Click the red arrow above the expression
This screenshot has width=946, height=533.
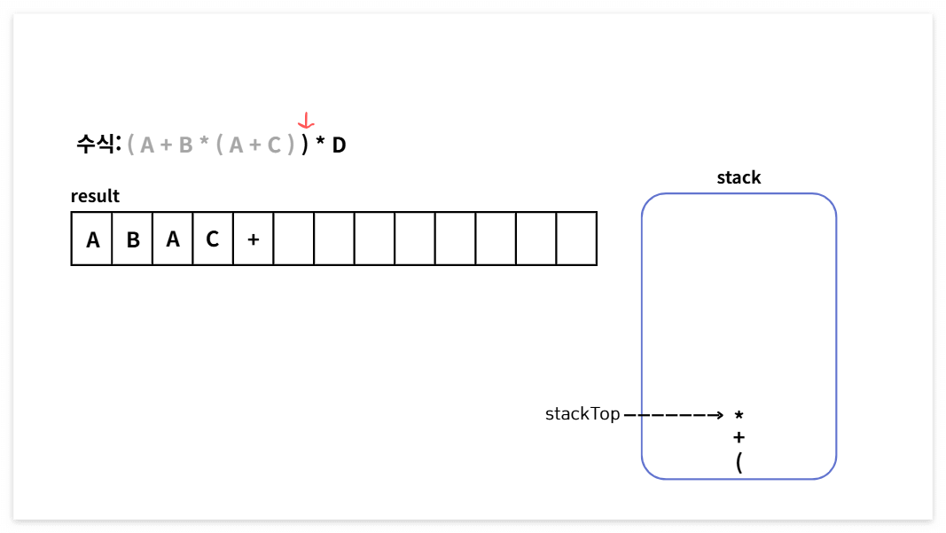(x=306, y=121)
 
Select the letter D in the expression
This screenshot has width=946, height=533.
(x=339, y=145)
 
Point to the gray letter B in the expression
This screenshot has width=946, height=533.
(x=185, y=145)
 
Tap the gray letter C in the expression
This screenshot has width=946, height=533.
(x=274, y=145)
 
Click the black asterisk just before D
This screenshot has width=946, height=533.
(x=320, y=144)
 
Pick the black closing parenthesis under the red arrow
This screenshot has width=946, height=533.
(x=304, y=145)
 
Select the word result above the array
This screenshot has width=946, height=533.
(x=95, y=196)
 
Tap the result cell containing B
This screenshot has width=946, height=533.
(x=133, y=239)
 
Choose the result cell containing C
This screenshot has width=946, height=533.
(x=213, y=239)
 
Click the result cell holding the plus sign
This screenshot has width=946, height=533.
(x=254, y=239)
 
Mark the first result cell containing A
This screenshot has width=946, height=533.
(x=92, y=239)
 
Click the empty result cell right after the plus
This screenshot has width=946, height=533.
(x=293, y=239)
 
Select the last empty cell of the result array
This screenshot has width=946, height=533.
(x=576, y=239)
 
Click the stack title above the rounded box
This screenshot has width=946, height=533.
(x=739, y=177)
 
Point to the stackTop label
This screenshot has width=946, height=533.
(x=582, y=414)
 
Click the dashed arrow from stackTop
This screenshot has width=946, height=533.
(x=674, y=414)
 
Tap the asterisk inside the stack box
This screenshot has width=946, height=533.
(x=739, y=415)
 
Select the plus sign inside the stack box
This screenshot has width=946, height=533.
(x=739, y=437)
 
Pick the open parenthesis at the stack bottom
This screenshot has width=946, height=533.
(x=739, y=461)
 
